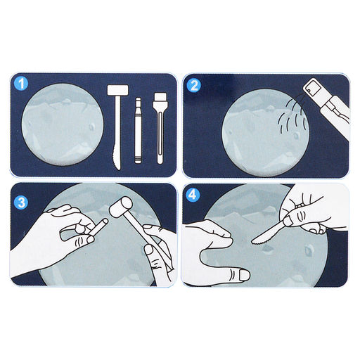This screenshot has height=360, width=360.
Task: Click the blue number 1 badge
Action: [x=21, y=84]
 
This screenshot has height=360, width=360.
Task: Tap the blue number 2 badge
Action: [x=194, y=85]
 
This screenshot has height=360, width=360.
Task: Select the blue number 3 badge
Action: [x=21, y=202]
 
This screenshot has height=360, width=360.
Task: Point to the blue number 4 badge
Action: [x=193, y=194]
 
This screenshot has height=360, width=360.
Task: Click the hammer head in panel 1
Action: [x=118, y=90]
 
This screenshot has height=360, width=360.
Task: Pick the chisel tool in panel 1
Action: [x=138, y=130]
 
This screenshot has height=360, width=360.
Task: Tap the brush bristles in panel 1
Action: [x=160, y=97]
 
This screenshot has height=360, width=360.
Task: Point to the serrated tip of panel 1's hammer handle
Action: [x=117, y=160]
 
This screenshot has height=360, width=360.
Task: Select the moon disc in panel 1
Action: [x=63, y=124]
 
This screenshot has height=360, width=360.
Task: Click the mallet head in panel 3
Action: [x=121, y=207]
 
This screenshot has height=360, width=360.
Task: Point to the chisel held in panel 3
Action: [x=98, y=227]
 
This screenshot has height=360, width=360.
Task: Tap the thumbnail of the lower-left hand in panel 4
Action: [x=244, y=275]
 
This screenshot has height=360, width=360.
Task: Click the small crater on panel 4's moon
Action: [x=309, y=250]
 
